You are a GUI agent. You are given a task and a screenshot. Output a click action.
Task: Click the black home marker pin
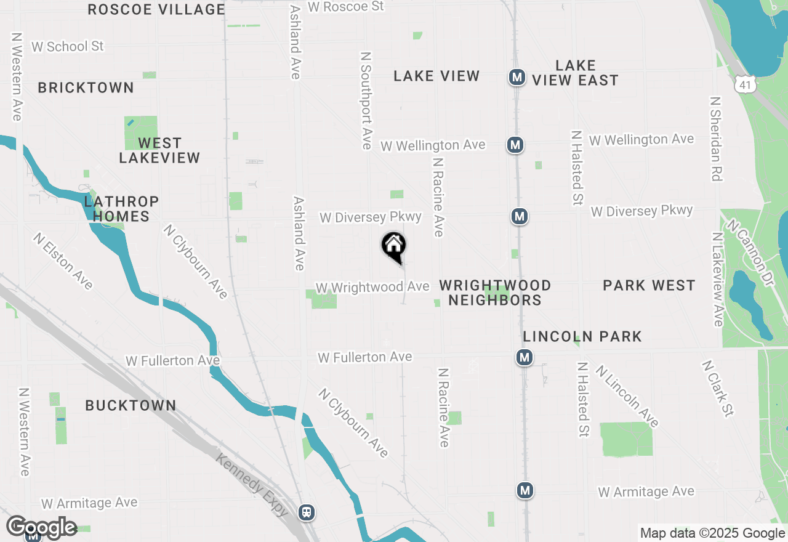pos(394,246)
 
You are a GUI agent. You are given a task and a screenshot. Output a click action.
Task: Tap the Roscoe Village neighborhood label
pos(156,9)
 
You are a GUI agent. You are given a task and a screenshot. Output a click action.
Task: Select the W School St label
pos(68,46)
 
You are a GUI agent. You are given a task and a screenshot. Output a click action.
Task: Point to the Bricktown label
pos(86,87)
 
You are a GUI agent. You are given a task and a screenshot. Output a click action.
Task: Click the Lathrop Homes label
pos(121,209)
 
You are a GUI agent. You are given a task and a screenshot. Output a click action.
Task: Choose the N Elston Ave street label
pos(63,261)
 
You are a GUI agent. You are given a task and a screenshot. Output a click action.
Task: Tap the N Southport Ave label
pos(366,100)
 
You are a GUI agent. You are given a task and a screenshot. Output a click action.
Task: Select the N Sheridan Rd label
pos(715,138)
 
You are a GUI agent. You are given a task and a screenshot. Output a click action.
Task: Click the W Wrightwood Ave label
pos(372,288)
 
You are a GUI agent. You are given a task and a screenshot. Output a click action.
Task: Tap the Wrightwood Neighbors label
pos(495,293)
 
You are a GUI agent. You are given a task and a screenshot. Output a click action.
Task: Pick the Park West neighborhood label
pos(649,285)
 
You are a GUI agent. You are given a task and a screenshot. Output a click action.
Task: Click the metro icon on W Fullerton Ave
pos(525,357)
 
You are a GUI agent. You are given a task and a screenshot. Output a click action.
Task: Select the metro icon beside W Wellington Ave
pos(515,145)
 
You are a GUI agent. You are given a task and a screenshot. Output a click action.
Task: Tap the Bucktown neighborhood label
pos(131,405)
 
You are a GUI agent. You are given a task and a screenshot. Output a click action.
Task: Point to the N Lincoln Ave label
pos(627,396)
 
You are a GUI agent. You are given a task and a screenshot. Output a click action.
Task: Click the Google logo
pos(41,528)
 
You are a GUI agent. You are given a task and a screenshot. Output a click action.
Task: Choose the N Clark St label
pos(718,388)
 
